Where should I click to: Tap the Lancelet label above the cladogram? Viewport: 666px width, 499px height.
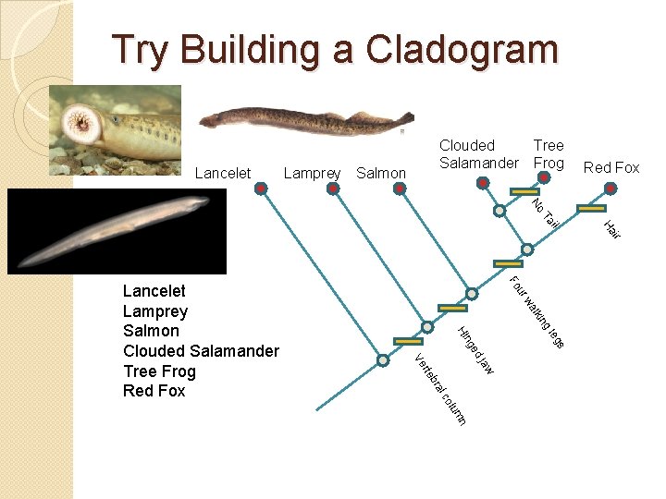223,173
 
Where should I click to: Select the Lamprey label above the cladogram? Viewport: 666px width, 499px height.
313,173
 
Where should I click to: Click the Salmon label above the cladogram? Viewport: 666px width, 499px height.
380,173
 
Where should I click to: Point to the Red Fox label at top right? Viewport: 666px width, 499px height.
611,167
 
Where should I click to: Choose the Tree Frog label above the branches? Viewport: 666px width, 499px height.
549,154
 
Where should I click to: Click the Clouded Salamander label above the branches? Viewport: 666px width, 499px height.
478,154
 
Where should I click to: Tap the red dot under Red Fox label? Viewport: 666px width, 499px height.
610,189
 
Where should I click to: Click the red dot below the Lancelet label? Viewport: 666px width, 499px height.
262,189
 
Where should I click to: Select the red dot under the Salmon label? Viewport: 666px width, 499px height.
400,189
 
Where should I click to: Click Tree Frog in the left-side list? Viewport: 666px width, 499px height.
159,371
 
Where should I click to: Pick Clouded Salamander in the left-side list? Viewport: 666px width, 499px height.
201,350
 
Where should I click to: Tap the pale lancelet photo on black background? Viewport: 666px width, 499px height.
116,232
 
